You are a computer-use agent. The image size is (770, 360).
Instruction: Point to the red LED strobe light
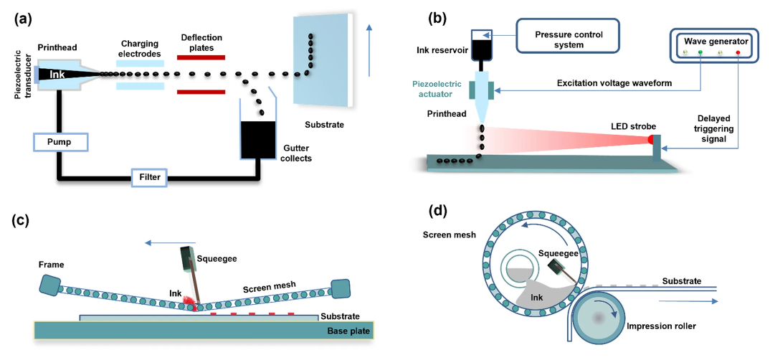[651, 138]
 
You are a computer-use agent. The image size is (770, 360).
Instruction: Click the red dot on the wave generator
[737, 53]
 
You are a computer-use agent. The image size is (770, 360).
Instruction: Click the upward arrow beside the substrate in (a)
[370, 50]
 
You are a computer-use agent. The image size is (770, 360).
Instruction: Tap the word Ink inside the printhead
[57, 74]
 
